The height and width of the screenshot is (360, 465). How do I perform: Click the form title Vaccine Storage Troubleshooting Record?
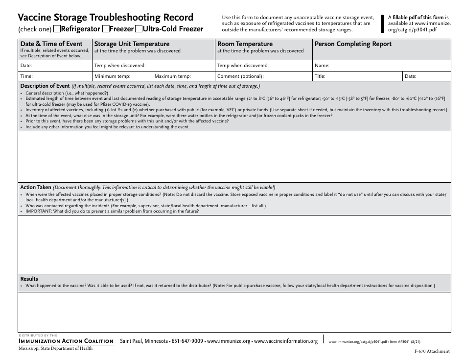(106, 18)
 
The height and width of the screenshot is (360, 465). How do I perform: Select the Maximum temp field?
(184, 76)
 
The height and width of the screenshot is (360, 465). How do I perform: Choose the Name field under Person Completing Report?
(381, 66)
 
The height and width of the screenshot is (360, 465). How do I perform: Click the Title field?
(357, 76)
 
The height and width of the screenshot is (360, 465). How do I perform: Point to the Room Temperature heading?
(245, 44)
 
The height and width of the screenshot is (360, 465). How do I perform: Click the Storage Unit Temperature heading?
(132, 44)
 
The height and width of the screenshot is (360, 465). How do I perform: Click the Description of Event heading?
(45, 86)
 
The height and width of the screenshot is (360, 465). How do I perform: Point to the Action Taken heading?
(35, 187)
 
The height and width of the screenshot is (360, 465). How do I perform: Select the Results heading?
(29, 279)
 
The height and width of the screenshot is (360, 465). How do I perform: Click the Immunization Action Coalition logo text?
(66, 341)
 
